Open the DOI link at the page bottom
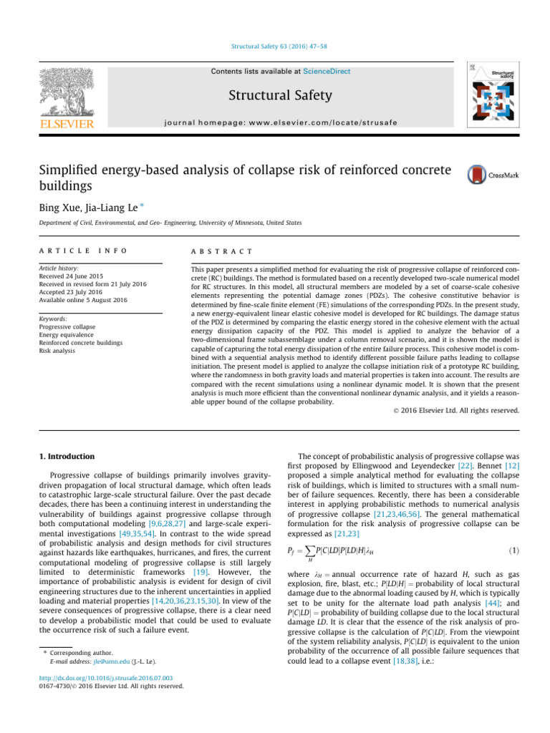coord(91,678)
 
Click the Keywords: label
coord(53,319)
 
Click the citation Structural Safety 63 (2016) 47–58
coord(275,47)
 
